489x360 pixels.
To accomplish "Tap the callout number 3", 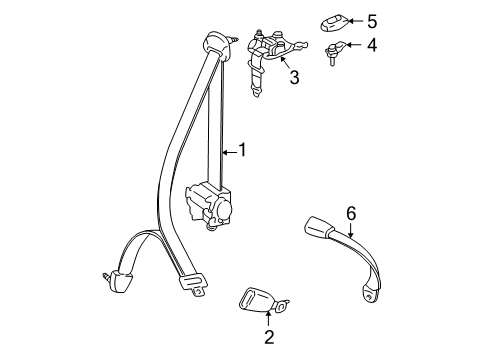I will tap(294, 76).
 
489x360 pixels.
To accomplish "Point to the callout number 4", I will tap(371, 46).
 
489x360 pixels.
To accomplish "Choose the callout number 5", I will tap(371, 20).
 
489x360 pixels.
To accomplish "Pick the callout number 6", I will tap(351, 212).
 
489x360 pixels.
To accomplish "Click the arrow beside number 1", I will tap(227, 152).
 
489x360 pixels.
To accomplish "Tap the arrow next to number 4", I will tap(352, 46).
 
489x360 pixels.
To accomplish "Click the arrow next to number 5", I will tap(352, 20).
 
